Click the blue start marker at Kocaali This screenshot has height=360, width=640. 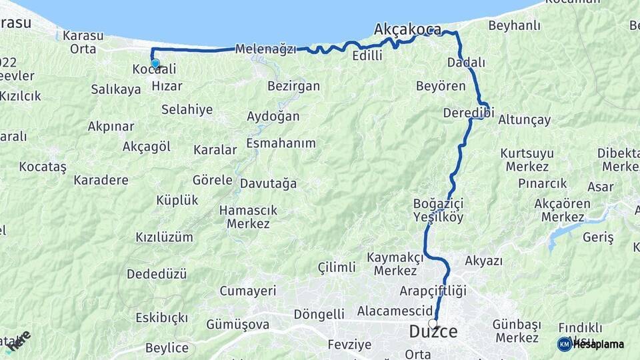click(155, 64)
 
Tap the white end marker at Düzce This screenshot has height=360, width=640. click(433, 323)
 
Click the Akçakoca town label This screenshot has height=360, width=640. click(407, 29)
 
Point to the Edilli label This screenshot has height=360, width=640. click(367, 56)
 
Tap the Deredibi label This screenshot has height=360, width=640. click(467, 113)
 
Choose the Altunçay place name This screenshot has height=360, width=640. click(525, 120)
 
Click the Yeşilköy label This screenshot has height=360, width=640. click(438, 217)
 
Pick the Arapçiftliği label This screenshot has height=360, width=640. click(433, 291)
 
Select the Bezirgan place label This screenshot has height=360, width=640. click(293, 86)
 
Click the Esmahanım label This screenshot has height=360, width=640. click(281, 143)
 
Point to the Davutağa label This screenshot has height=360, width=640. click(268, 183)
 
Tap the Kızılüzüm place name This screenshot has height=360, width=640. click(164, 237)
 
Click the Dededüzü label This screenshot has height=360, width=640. click(157, 274)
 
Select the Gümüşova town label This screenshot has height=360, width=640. click(238, 325)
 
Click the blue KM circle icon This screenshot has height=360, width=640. click(564, 344)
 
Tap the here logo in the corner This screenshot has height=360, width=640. click(19, 340)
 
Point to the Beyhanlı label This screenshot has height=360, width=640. click(514, 26)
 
